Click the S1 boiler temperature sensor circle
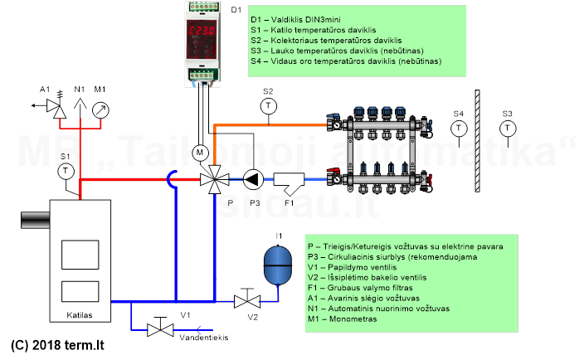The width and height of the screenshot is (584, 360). [x=66, y=170]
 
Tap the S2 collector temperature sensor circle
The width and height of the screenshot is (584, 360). [x=267, y=105]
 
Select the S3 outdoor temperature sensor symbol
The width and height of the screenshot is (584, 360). [x=507, y=128]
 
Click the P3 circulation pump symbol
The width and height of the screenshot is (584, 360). [x=251, y=178]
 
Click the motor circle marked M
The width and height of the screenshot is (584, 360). [x=199, y=153]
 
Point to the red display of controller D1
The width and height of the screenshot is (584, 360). [x=202, y=34]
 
